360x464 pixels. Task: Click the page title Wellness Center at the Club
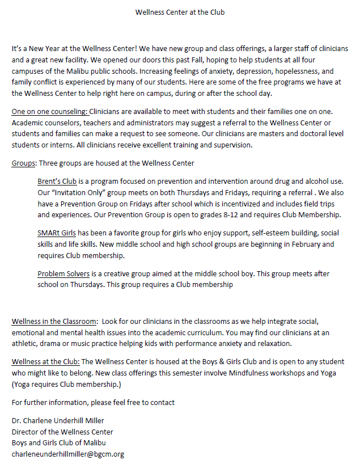point(180,11)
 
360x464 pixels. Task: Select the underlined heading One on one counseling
point(49,112)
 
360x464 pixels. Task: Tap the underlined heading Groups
point(24,163)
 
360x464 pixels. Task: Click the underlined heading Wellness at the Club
point(46,361)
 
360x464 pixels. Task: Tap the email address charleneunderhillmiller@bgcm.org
point(67,454)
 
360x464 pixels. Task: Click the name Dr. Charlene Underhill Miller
point(58,420)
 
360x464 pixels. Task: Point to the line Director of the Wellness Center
point(62,432)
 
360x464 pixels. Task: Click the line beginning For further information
point(93,402)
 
